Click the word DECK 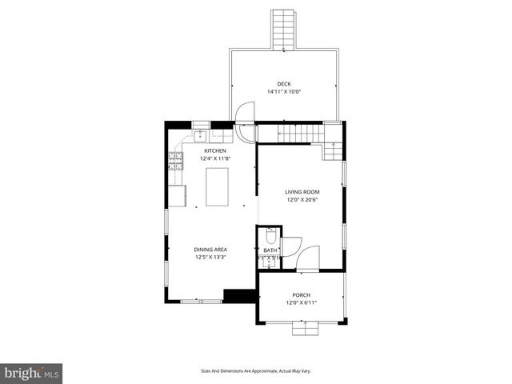(x=284, y=84)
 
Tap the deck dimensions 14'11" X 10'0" (x=284, y=91)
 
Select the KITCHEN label (x=214, y=150)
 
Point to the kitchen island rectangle (x=217, y=186)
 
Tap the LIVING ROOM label (x=302, y=192)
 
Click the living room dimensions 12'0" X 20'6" (x=302, y=199)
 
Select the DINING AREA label (x=210, y=250)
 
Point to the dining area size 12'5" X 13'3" (x=210, y=258)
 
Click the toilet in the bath (x=270, y=237)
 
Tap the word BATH (x=270, y=250)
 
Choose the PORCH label (x=302, y=295)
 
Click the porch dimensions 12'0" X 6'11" (x=302, y=302)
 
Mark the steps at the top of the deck (x=282, y=30)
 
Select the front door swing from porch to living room (x=310, y=258)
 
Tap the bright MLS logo (x=32, y=373)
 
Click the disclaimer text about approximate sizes (x=255, y=370)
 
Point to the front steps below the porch (x=304, y=327)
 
